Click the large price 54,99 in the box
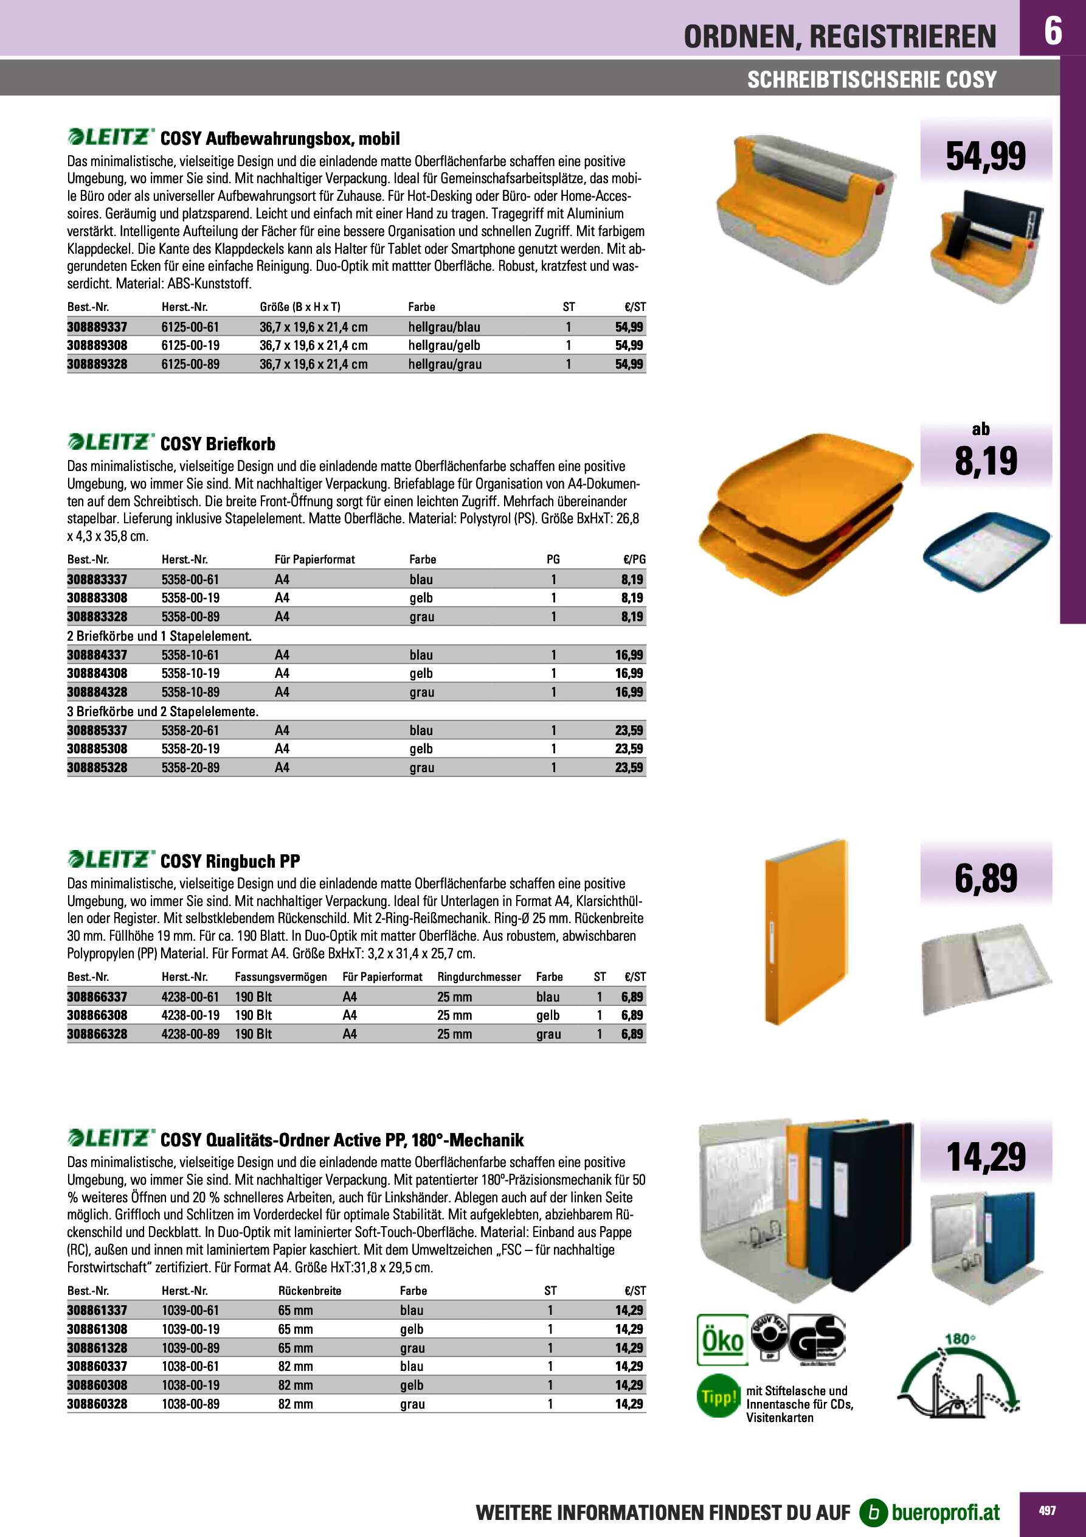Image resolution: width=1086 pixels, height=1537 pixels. [x=985, y=156]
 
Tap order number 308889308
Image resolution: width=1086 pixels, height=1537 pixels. [x=97, y=346]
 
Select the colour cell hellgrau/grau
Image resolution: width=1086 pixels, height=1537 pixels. [x=445, y=364]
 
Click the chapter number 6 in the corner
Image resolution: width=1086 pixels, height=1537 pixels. [x=1053, y=30]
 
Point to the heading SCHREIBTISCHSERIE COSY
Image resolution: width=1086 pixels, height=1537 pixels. [x=871, y=80]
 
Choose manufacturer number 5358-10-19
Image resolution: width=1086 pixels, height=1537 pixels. [x=190, y=674]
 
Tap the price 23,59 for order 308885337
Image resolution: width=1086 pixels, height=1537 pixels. [x=629, y=730]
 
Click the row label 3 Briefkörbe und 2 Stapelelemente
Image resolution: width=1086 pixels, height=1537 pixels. [x=162, y=711]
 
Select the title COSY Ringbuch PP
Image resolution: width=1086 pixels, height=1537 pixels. [x=230, y=861]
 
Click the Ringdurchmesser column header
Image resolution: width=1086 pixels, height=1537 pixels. [x=479, y=977]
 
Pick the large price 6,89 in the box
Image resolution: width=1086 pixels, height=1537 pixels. [x=986, y=878]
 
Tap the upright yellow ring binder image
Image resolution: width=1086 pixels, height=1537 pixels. [x=805, y=930]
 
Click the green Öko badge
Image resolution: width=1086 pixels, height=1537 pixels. [x=722, y=1339]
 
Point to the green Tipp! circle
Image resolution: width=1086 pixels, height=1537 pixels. [x=718, y=1396]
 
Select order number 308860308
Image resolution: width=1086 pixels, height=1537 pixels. [x=97, y=1385]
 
